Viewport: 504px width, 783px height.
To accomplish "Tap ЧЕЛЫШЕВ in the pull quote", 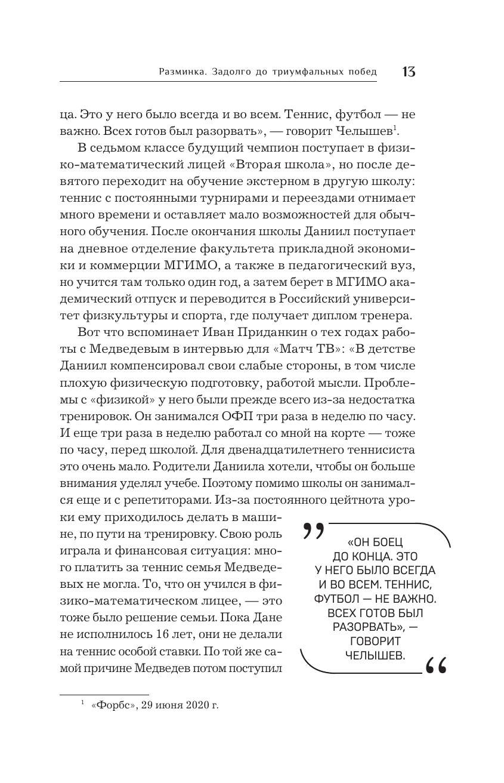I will [375, 655].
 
